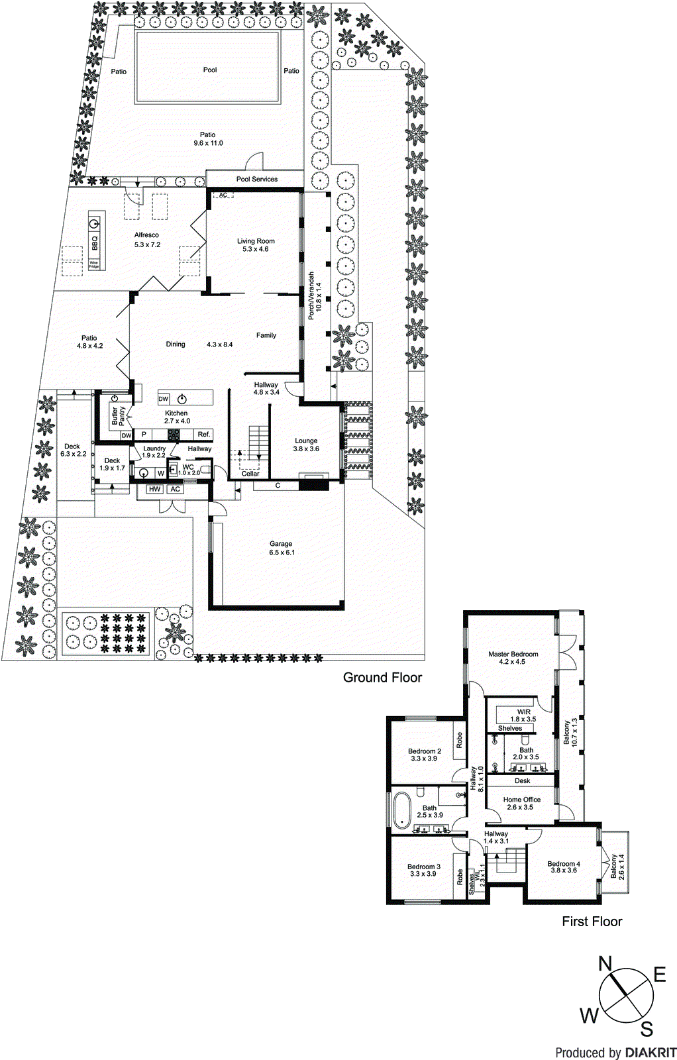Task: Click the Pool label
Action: pyautogui.click(x=209, y=70)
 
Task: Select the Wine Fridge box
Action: pyautogui.click(x=94, y=264)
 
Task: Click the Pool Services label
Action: pyautogui.click(x=257, y=179)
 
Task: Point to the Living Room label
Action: pyautogui.click(x=256, y=241)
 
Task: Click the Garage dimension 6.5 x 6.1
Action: pyautogui.click(x=281, y=553)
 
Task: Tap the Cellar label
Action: pyautogui.click(x=250, y=474)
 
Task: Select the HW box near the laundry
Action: pyautogui.click(x=154, y=489)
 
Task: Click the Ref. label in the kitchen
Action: pyautogui.click(x=203, y=435)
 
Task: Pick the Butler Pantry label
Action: pyautogui.click(x=119, y=416)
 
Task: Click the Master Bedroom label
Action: pyautogui.click(x=513, y=654)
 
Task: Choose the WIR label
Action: pyautogui.click(x=524, y=712)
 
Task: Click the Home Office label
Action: pyautogui.click(x=521, y=800)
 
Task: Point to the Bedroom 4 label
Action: pyautogui.click(x=563, y=864)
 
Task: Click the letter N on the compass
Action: pyautogui.click(x=605, y=963)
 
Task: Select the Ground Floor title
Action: pyautogui.click(x=382, y=677)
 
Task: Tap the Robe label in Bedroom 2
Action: pyautogui.click(x=459, y=740)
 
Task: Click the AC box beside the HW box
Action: pyautogui.click(x=175, y=489)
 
